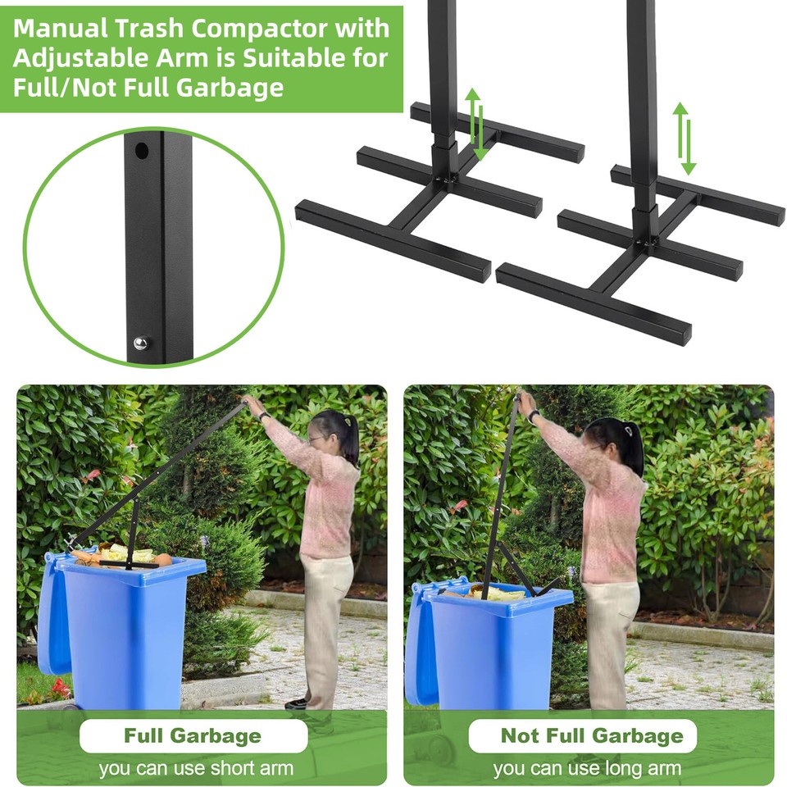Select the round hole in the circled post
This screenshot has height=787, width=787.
pyautogui.click(x=142, y=152)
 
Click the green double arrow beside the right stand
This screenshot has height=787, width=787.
pyautogui.click(x=684, y=138)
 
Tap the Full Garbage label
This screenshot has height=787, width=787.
pyautogui.click(x=193, y=735)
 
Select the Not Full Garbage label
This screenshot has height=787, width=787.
pyautogui.click(x=591, y=735)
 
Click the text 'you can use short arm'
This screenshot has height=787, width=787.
pyautogui.click(x=196, y=769)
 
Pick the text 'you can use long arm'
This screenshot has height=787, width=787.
pyautogui.click(x=587, y=769)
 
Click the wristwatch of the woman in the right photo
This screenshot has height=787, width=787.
pyautogui.click(x=533, y=416)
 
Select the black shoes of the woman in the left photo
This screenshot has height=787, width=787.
pyautogui.click(x=300, y=703)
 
